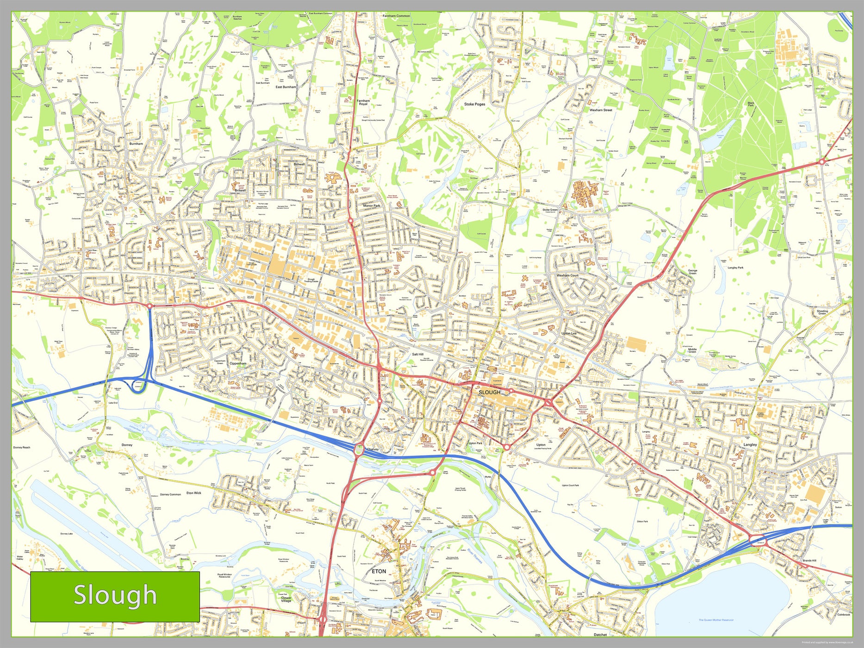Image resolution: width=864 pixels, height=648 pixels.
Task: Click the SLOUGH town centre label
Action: pyautogui.click(x=489, y=392)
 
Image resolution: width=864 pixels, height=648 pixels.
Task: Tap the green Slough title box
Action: pyautogui.click(x=115, y=596)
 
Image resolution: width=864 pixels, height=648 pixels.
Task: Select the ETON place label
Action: pyautogui.click(x=379, y=571)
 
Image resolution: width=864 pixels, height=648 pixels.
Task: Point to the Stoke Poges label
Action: pyautogui.click(x=474, y=104)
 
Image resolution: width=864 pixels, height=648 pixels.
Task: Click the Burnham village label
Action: pyautogui.click(x=136, y=143)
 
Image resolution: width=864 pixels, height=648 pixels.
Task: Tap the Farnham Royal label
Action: pyautogui.click(x=363, y=102)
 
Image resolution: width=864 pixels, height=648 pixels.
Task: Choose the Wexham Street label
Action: pyautogui.click(x=601, y=110)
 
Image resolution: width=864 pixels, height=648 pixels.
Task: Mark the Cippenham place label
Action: pyautogui.click(x=238, y=364)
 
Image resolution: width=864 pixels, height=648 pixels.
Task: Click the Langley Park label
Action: pyautogui.click(x=735, y=268)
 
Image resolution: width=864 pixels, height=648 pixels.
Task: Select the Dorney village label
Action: pyautogui.click(x=127, y=445)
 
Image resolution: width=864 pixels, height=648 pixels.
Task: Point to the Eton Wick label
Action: pyautogui.click(x=193, y=493)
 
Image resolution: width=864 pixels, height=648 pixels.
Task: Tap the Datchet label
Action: pyautogui.click(x=600, y=635)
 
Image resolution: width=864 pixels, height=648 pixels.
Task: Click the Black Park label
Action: pyautogui.click(x=751, y=104)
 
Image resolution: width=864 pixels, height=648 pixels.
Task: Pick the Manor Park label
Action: pyautogui.click(x=371, y=206)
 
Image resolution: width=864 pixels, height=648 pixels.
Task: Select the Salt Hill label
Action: pyautogui.click(x=417, y=354)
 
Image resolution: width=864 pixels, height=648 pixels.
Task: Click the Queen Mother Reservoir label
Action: pyautogui.click(x=716, y=620)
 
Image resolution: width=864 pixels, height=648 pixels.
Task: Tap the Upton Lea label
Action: pyautogui.click(x=569, y=333)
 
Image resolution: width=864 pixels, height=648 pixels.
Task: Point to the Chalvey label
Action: pyautogui.click(x=373, y=449)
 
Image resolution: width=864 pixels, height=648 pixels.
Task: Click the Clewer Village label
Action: pyautogui.click(x=286, y=599)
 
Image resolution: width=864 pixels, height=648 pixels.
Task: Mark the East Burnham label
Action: pyautogui.click(x=286, y=87)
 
